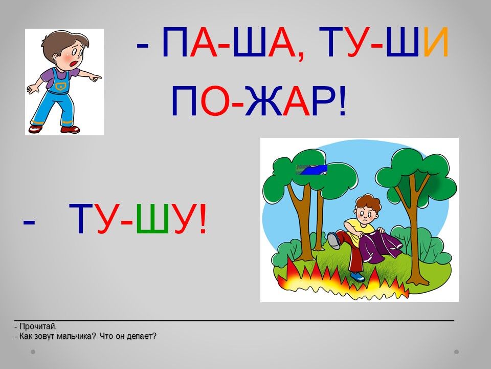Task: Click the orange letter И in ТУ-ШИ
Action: point(436,43)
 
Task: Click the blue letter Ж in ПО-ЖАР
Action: point(263,101)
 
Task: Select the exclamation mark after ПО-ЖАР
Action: point(342,101)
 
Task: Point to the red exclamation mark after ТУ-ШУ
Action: point(203,218)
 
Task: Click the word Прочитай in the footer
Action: point(38,326)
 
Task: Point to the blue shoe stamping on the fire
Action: point(358,276)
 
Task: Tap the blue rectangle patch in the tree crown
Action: point(311,170)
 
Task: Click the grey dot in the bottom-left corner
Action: point(33,352)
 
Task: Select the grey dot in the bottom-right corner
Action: point(456,352)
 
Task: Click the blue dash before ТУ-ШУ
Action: point(29,222)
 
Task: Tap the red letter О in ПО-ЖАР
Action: point(214,101)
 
